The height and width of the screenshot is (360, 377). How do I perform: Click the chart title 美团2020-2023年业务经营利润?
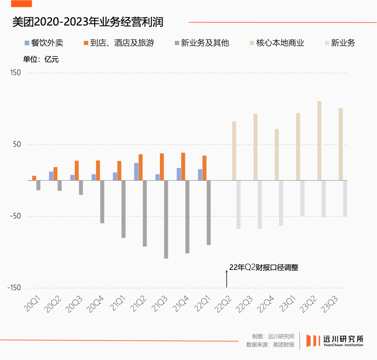(x=88, y=22)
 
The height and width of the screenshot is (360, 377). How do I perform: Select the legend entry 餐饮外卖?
(x=44, y=43)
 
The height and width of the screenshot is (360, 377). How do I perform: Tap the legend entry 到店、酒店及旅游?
(x=119, y=43)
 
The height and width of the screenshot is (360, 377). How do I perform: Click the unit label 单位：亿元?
(x=41, y=59)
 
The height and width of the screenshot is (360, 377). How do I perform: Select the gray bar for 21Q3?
(x=166, y=219)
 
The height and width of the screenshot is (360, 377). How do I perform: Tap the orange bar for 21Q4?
(x=183, y=166)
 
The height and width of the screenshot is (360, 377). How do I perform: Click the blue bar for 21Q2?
(x=136, y=172)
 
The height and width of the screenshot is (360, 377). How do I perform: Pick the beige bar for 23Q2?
(x=319, y=141)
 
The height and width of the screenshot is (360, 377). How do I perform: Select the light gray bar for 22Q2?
(x=238, y=204)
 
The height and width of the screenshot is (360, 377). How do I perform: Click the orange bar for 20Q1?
(x=34, y=178)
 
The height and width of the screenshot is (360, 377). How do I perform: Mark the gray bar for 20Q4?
(x=102, y=202)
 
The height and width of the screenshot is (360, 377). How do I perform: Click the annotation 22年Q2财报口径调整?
(x=264, y=268)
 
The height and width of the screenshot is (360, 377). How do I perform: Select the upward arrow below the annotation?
(x=227, y=279)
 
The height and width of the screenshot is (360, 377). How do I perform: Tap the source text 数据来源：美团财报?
(x=270, y=345)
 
